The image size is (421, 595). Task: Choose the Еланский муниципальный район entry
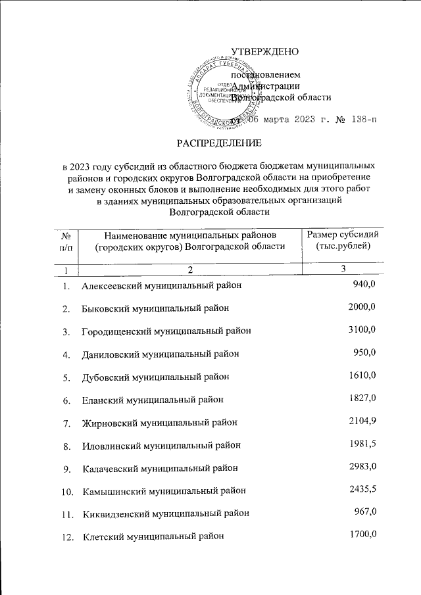pyautogui.click(x=153, y=399)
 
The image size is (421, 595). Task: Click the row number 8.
pyautogui.click(x=66, y=446)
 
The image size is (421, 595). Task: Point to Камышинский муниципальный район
pyautogui.click(x=164, y=491)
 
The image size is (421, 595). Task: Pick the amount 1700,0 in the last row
pyautogui.click(x=361, y=534)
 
